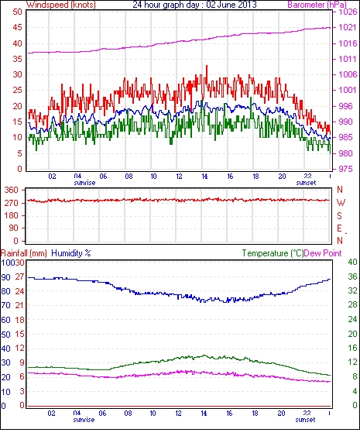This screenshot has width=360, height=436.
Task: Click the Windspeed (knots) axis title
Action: click(61, 5)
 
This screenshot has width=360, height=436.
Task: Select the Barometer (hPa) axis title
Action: click(317, 5)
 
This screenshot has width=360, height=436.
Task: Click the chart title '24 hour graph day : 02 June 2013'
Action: click(194, 5)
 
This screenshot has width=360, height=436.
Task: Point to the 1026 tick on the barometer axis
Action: click(348, 12)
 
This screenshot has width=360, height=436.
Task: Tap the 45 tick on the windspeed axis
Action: click(17, 28)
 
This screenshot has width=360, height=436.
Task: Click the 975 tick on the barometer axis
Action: click(346, 169)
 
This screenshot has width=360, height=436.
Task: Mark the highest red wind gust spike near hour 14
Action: click(206, 67)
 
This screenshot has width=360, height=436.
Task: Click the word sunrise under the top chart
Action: click(84, 183)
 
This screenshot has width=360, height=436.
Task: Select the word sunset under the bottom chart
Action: click(305, 420)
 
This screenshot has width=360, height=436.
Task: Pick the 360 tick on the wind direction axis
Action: click(11, 191)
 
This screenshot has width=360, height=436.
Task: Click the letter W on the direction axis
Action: click(341, 203)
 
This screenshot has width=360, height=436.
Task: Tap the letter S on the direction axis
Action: click(339, 215)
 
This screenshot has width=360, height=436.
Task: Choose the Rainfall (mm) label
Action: click(24, 253)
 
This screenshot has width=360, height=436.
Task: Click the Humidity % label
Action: click(71, 253)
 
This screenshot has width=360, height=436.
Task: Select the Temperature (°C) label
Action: click(273, 253)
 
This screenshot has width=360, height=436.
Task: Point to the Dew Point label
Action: click(323, 253)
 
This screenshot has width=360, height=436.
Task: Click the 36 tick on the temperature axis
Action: click(352, 276)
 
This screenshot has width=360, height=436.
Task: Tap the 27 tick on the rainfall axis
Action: click(19, 277)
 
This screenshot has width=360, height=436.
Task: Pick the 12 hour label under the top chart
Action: click(179, 177)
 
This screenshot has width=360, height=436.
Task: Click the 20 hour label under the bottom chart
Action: click(281, 414)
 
